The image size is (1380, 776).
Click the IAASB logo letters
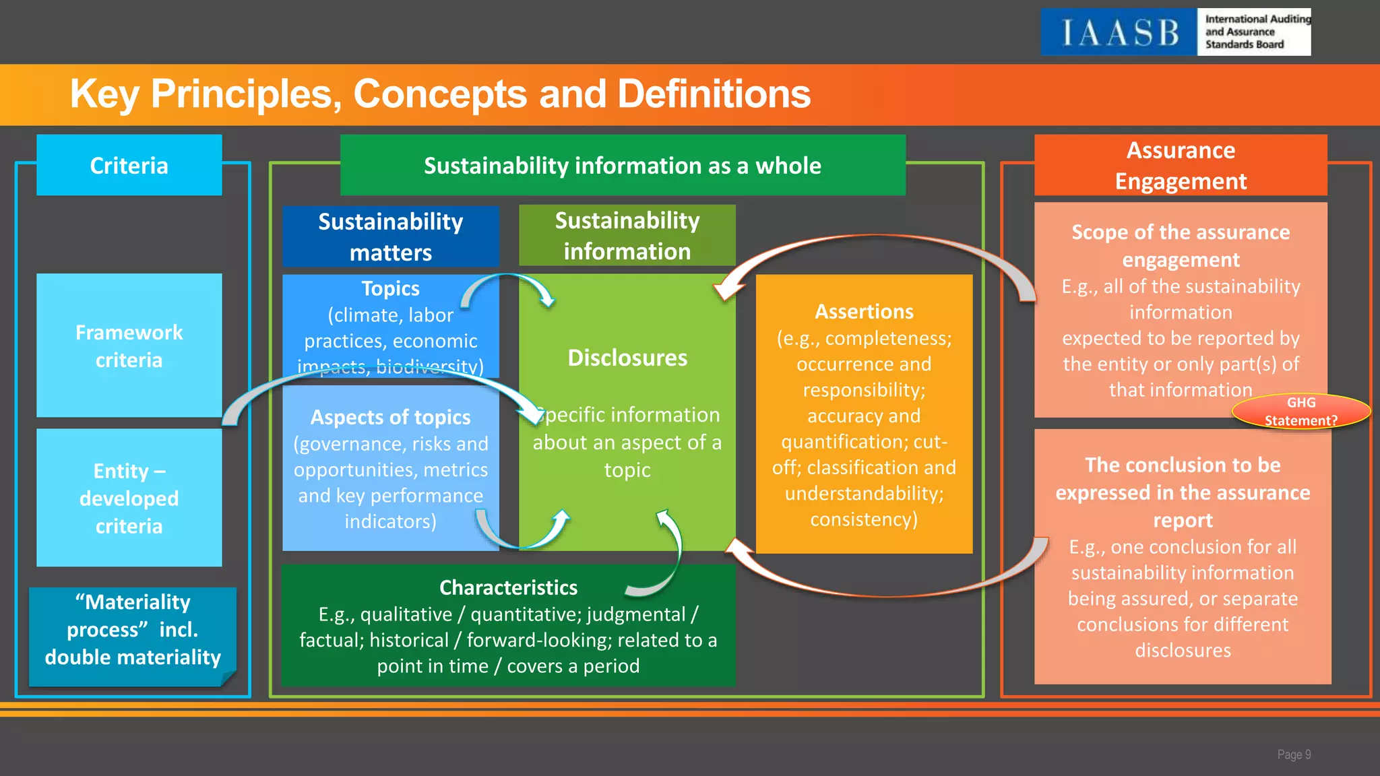point(1119,32)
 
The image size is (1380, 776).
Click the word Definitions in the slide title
point(714,94)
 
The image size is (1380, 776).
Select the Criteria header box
point(129,166)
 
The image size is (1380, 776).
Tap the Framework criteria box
point(129,346)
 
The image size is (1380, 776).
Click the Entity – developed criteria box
point(129,498)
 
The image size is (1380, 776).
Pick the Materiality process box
point(133,630)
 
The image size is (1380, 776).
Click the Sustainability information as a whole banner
point(622,166)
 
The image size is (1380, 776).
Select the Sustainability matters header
point(390,236)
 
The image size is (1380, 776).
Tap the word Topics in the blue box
point(390,288)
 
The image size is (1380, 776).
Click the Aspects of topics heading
point(390,417)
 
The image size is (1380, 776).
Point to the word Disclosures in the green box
point(627,358)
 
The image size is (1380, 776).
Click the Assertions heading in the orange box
point(864,311)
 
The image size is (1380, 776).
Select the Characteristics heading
point(508,587)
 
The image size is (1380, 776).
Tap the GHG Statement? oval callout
point(1300,412)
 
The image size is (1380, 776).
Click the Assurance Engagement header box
point(1181,166)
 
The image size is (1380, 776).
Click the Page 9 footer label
point(1294,754)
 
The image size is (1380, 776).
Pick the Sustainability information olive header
point(627,236)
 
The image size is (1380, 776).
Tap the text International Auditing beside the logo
point(1257,20)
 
